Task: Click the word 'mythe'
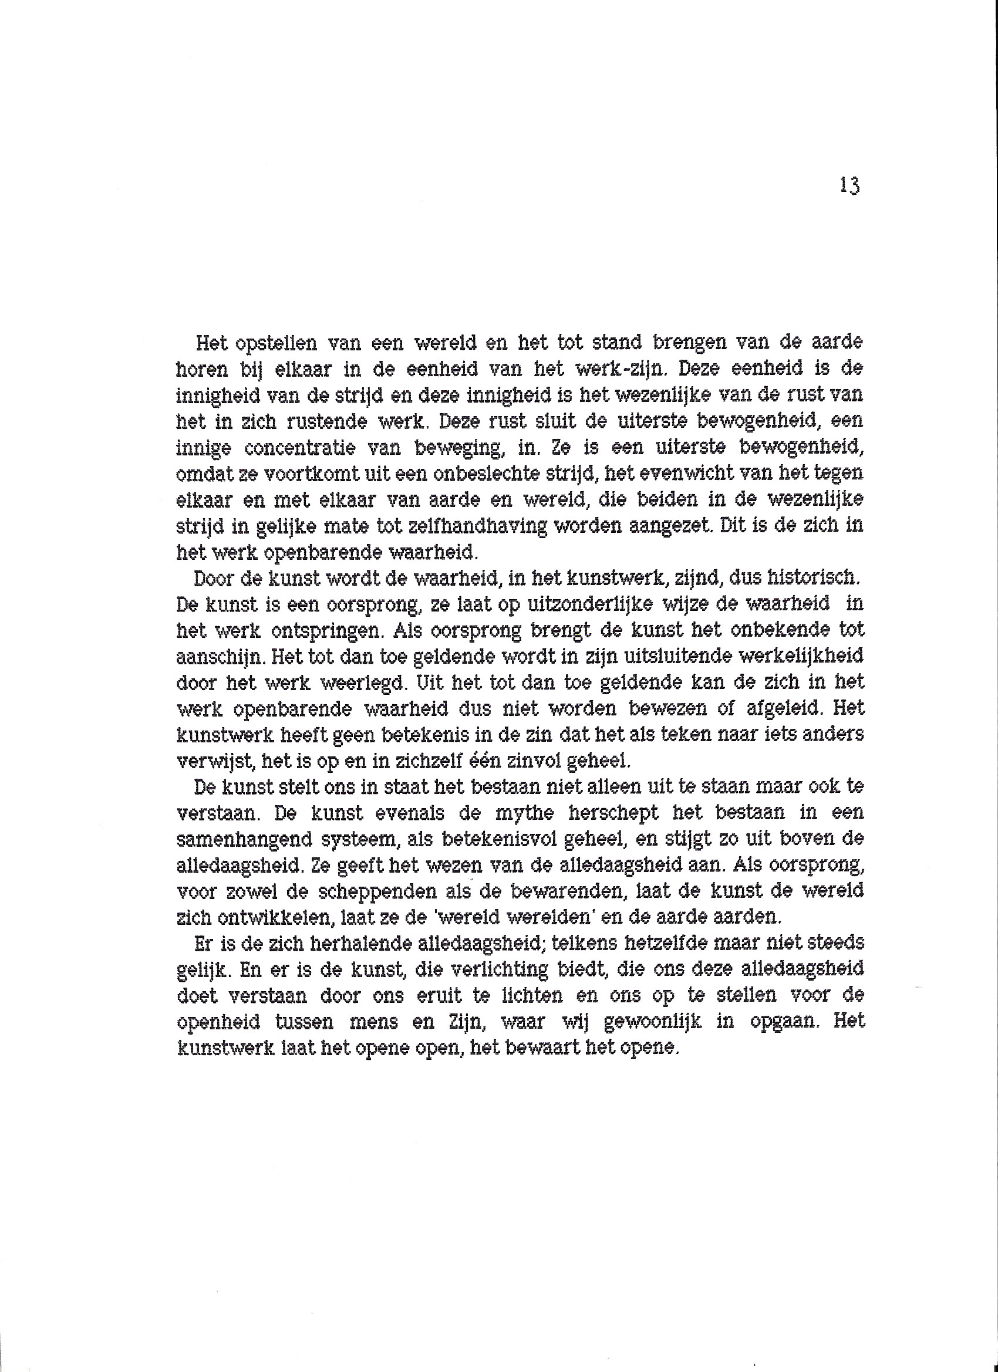tap(524, 814)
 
